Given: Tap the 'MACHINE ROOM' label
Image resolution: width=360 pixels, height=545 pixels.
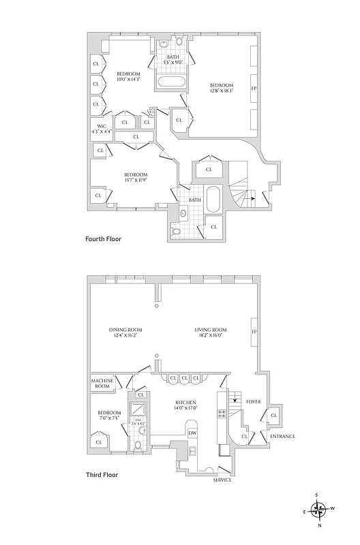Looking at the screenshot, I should (102, 384).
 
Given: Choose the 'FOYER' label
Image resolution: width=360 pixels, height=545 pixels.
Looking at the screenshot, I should (254, 403).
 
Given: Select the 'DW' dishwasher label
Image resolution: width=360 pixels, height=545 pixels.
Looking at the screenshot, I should (192, 433).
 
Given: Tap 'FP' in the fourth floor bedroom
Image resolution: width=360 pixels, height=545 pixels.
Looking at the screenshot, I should (254, 89).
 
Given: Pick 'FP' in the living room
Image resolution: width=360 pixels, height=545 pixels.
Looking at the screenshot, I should (254, 332).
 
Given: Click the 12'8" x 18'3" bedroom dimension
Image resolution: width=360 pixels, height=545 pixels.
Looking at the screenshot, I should (221, 89).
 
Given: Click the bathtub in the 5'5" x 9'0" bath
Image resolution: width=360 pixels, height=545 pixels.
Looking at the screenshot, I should (172, 84).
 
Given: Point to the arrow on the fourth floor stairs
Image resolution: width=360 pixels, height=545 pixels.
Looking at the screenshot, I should (253, 198).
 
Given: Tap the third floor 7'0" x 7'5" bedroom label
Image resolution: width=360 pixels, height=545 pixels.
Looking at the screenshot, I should (109, 416).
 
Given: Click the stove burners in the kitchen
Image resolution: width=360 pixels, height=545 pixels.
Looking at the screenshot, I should (221, 414).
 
